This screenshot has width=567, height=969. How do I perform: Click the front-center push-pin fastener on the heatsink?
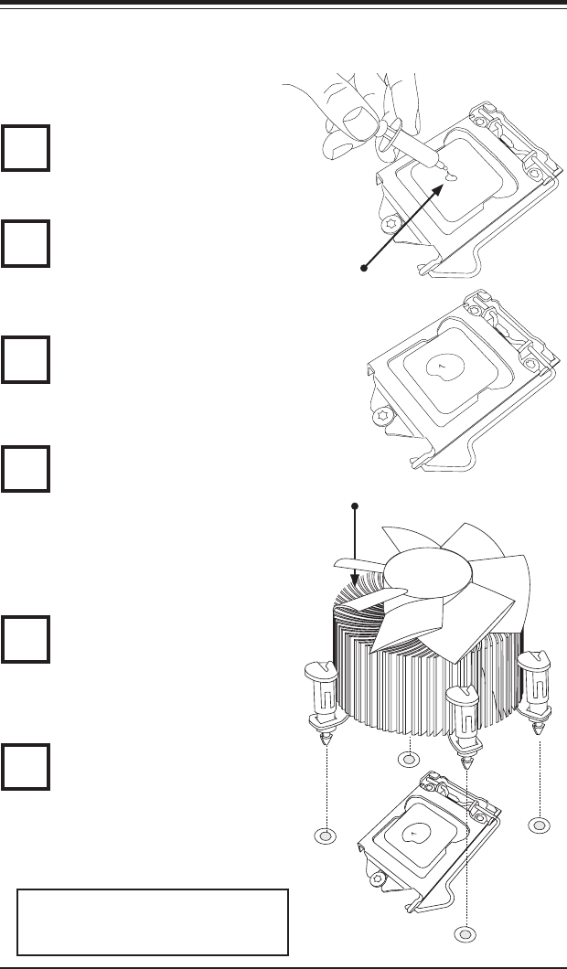pyautogui.click(x=465, y=722)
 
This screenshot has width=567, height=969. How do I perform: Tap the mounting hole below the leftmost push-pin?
pyautogui.click(x=325, y=836)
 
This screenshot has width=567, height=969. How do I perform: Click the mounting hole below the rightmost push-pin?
pyautogui.click(x=540, y=825)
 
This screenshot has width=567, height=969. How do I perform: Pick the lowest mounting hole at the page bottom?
pyautogui.click(x=465, y=934)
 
